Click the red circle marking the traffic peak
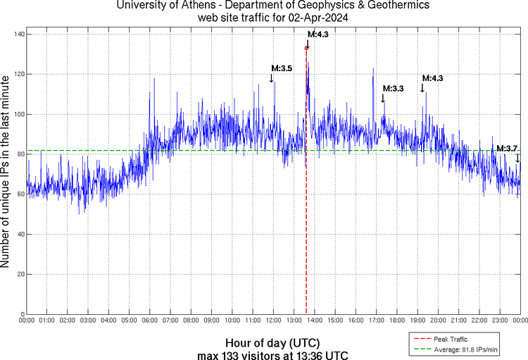306,48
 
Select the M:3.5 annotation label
282,68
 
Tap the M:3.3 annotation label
393,89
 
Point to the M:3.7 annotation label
507,148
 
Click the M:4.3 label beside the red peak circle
318,34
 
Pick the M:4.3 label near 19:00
432,78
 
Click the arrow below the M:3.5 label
272,77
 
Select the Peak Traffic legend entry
450,340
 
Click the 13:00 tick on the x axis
294,321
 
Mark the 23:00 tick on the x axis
500,321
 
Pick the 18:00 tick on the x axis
396,321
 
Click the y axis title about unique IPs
6,172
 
